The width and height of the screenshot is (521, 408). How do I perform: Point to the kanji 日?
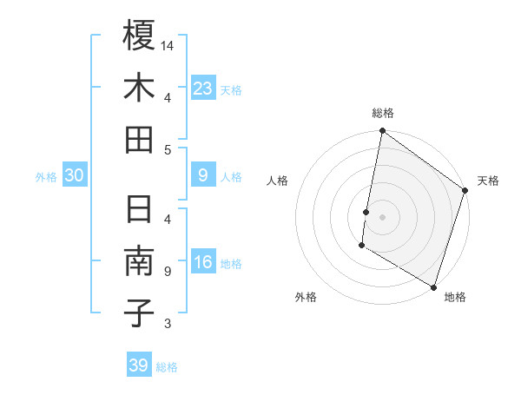pyautogui.click(x=139, y=211)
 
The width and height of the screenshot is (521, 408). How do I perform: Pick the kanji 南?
pyautogui.click(x=139, y=262)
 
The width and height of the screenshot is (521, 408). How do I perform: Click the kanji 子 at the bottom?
pyautogui.click(x=139, y=313)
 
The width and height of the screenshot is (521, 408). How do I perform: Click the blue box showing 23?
pyautogui.click(x=202, y=89)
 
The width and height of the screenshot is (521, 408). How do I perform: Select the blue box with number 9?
pyautogui.click(x=202, y=176)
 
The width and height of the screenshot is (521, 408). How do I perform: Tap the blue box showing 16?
pyautogui.click(x=202, y=263)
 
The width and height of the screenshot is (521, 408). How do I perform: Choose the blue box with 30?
pyautogui.click(x=75, y=176)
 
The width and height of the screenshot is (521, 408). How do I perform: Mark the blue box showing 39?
pyautogui.click(x=139, y=365)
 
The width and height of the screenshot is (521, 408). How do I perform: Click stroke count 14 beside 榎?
pyautogui.click(x=168, y=45)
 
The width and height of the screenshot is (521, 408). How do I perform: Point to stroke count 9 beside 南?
pyautogui.click(x=167, y=272)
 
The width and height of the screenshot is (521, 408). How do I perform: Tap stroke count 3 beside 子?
pyautogui.click(x=167, y=324)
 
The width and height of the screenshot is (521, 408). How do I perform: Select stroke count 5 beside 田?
pyautogui.click(x=167, y=149)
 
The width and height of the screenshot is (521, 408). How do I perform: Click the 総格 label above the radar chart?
pyautogui.click(x=383, y=113)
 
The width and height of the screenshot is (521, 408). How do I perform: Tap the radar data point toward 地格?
pyautogui.click(x=432, y=286)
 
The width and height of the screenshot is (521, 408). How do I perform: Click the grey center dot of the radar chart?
pyautogui.click(x=383, y=215)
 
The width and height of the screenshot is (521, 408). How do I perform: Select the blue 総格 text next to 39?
pyautogui.click(x=168, y=367)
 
